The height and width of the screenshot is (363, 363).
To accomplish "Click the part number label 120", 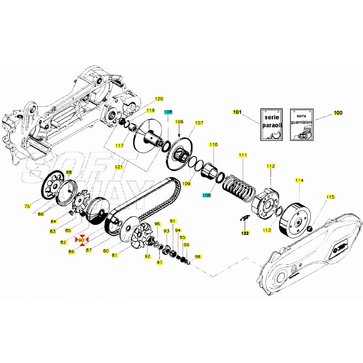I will (159, 99).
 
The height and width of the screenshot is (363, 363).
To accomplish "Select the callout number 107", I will (199, 123).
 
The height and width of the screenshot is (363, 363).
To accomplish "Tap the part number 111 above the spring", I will (243, 155).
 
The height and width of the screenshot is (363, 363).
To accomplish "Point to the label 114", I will (299, 181).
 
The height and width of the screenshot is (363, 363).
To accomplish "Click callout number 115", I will (330, 197).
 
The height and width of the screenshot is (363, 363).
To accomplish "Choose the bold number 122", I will (245, 233).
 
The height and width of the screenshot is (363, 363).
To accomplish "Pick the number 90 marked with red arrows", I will (82, 240).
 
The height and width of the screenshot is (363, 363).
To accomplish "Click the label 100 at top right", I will (338, 113).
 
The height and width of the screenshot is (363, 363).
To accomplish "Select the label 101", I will (237, 112).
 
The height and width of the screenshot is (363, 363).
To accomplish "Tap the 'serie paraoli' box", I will (272, 125).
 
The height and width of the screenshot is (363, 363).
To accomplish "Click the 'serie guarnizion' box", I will (302, 125).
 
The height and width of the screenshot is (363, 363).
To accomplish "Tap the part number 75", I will (27, 206).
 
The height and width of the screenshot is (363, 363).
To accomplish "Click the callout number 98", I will (198, 257).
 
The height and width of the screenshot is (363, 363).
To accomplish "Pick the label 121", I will (119, 167).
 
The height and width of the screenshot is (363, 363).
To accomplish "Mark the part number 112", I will (271, 166).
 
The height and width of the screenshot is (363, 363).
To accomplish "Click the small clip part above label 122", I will (245, 218).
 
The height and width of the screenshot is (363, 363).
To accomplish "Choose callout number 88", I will (69, 173).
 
